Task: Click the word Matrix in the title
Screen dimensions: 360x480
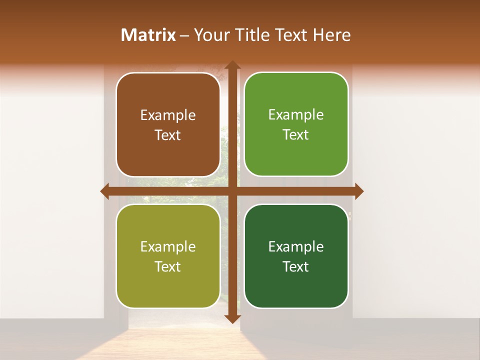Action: point(148,35)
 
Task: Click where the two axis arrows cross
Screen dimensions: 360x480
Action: point(232,191)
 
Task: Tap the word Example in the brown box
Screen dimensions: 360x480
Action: point(168,115)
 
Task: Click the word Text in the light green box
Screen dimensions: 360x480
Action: point(296,135)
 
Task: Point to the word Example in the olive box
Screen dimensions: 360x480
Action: point(168,247)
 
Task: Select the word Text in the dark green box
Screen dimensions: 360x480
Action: point(296,266)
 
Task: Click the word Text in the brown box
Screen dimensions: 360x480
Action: point(168,135)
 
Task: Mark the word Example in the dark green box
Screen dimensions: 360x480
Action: point(296,247)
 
